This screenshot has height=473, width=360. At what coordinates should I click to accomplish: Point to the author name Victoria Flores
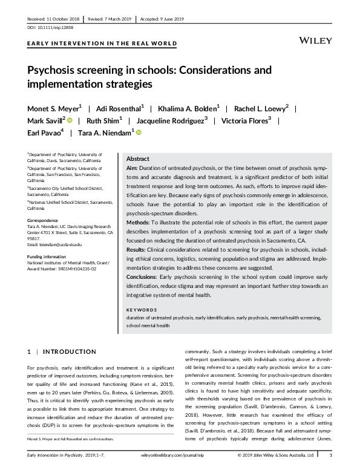pyautogui.click(x=250, y=120)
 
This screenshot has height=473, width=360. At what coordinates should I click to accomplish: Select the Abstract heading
pyautogui.click(x=138, y=158)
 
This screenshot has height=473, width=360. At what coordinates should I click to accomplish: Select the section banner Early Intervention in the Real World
pyautogui.click(x=102, y=44)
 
